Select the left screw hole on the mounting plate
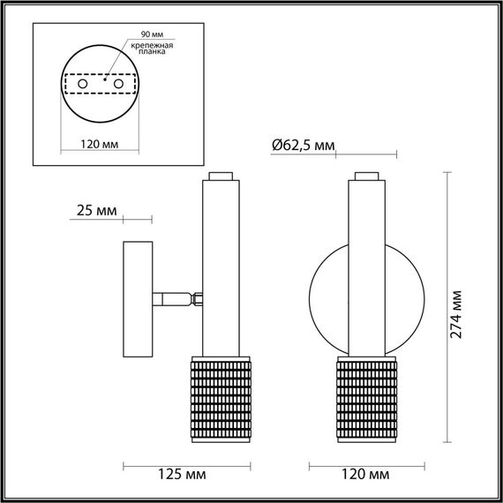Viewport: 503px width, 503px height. [82, 84]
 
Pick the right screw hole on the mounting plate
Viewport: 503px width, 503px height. [116, 84]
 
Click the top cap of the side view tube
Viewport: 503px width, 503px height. [221, 176]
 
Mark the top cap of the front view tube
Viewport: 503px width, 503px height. [366, 176]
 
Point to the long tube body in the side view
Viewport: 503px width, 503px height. [221, 265]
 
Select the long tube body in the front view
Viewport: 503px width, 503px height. [366, 265]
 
